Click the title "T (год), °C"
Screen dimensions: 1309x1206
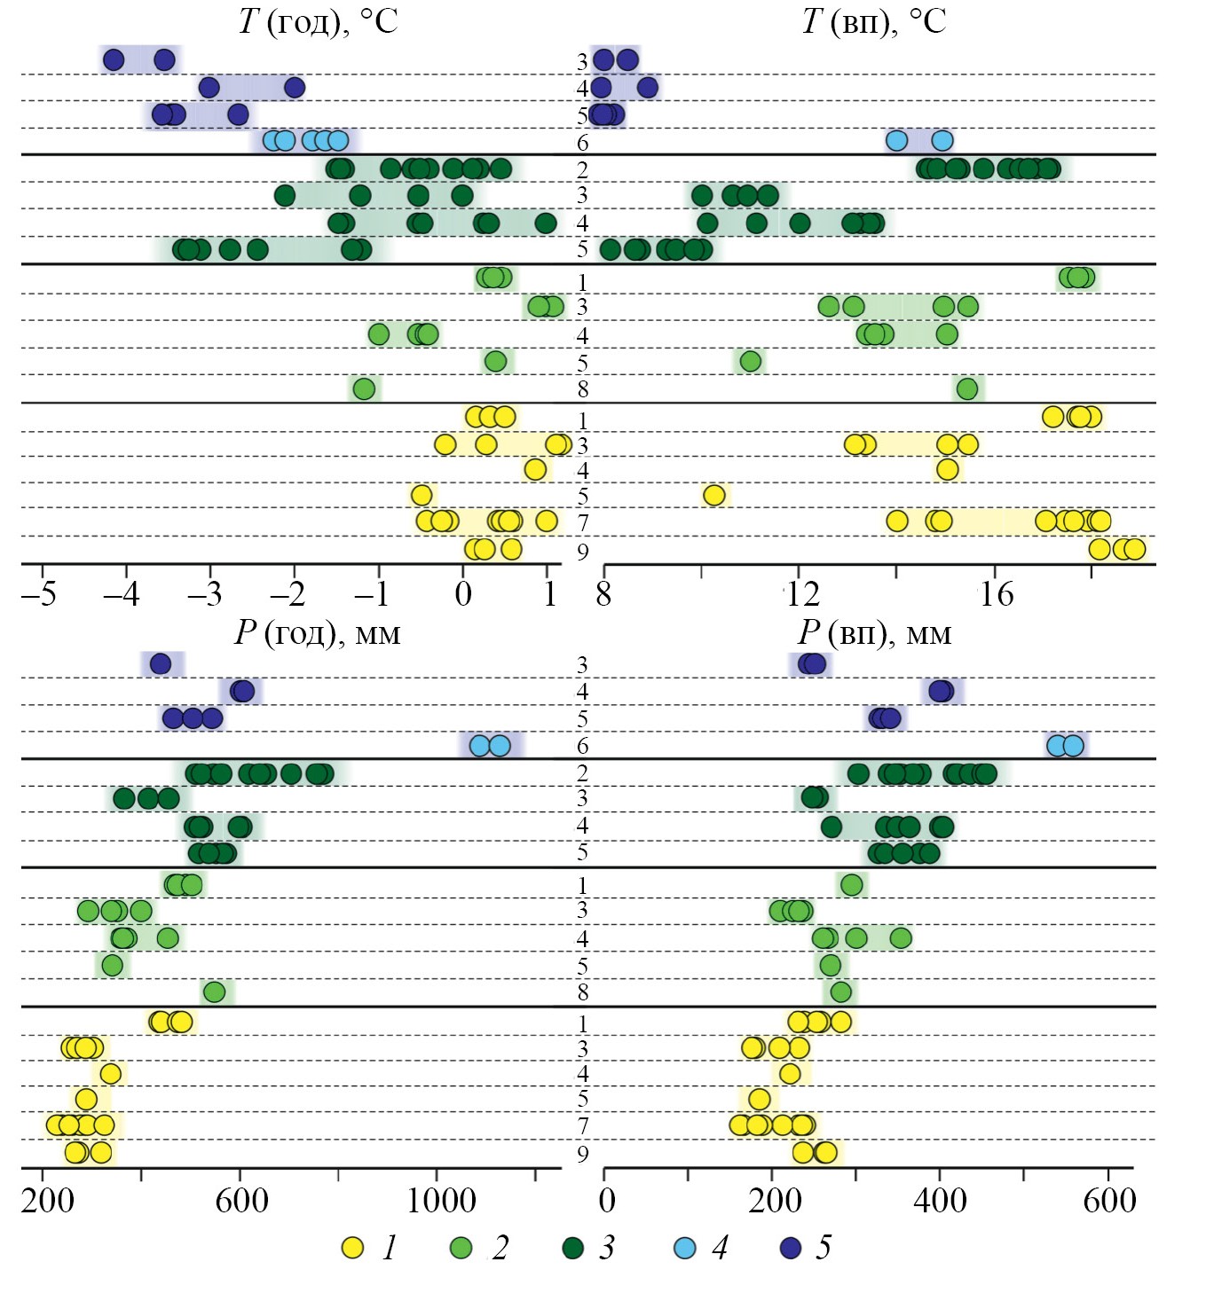318,20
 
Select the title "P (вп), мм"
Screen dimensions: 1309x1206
874,632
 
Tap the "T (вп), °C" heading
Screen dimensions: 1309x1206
873,20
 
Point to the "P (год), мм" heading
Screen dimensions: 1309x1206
317,632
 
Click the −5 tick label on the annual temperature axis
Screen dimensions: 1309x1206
39,593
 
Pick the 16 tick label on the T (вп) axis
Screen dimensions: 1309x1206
996,593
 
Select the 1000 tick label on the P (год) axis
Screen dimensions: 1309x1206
441,1201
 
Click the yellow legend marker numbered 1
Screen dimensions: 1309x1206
353,1248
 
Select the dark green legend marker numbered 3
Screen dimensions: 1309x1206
573,1248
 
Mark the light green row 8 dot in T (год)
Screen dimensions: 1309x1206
364,388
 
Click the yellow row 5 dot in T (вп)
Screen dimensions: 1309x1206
713,495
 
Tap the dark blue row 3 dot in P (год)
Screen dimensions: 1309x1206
160,663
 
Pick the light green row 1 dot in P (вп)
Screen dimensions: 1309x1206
851,884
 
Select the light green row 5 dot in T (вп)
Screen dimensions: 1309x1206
751,361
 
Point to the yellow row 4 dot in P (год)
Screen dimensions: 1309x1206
110,1074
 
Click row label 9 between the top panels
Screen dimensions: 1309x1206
582,553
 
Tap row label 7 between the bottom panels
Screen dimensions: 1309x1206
582,1126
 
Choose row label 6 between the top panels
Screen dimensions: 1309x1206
582,143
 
